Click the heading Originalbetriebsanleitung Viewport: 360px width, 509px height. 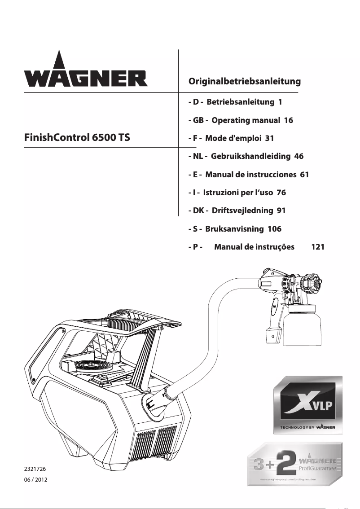tap(244, 82)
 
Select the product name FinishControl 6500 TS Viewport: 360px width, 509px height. tap(77, 137)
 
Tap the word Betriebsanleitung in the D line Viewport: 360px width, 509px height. tap(240, 102)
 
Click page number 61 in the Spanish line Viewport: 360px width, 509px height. tap(304, 175)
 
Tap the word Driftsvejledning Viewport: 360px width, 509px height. tap(242, 211)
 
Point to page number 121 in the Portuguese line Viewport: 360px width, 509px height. tap(318, 247)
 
